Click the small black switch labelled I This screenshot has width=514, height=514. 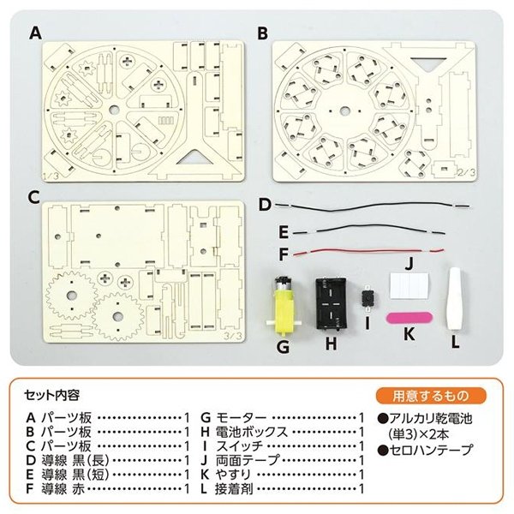coord(370,296)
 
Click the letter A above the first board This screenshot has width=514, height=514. coord(35,33)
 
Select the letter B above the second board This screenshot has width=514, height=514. coord(263,33)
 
